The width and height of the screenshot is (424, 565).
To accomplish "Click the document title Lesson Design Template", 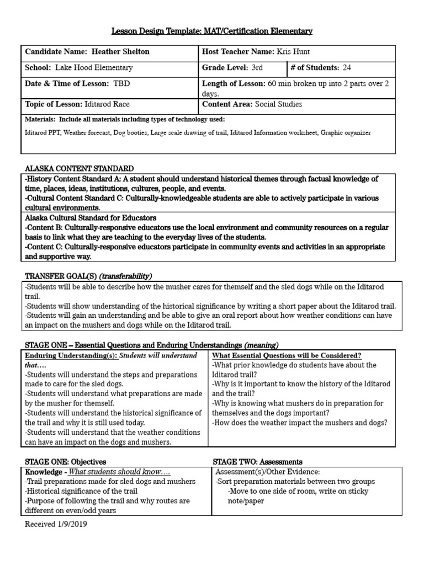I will click(212, 31).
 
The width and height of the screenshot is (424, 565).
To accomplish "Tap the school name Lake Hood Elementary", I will click(94, 68).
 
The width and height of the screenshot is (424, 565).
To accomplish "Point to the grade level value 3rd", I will click(257, 68).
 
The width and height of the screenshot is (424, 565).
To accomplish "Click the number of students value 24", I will click(346, 68).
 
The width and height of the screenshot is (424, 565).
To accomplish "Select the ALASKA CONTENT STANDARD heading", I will click(79, 168).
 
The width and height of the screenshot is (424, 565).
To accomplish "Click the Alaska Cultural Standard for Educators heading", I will click(91, 218).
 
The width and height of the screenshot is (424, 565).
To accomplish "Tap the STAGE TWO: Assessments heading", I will click(257, 461).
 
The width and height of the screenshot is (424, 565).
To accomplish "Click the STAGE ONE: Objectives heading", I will click(66, 461).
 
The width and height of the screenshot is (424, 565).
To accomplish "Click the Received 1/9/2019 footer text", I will click(56, 524).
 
